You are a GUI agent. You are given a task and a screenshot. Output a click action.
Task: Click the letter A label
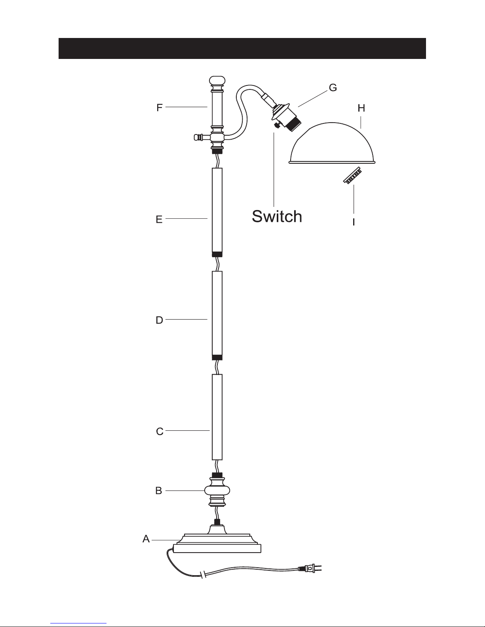coord(146,538)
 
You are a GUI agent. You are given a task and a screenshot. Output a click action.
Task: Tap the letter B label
coord(158,491)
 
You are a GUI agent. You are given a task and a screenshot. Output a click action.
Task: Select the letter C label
coord(160,431)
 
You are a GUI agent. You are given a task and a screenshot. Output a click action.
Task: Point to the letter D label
coord(159,320)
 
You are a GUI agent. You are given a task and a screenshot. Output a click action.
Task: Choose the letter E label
coord(159,220)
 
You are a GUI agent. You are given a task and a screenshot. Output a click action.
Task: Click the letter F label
coord(159,108)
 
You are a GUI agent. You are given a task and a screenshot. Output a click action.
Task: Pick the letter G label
coord(333,87)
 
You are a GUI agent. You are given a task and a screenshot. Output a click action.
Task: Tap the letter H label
coord(361,108)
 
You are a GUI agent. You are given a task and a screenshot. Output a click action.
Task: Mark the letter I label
coord(354,222)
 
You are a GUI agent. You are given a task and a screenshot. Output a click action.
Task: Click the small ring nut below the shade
coord(352,175)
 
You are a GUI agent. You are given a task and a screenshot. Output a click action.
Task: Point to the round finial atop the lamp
coord(217,81)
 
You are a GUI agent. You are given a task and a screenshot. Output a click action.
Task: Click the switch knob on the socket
coord(276,125)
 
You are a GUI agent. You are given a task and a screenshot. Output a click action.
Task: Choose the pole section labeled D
coord(217,316)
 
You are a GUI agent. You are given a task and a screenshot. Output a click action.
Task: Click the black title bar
coord(242,49)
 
